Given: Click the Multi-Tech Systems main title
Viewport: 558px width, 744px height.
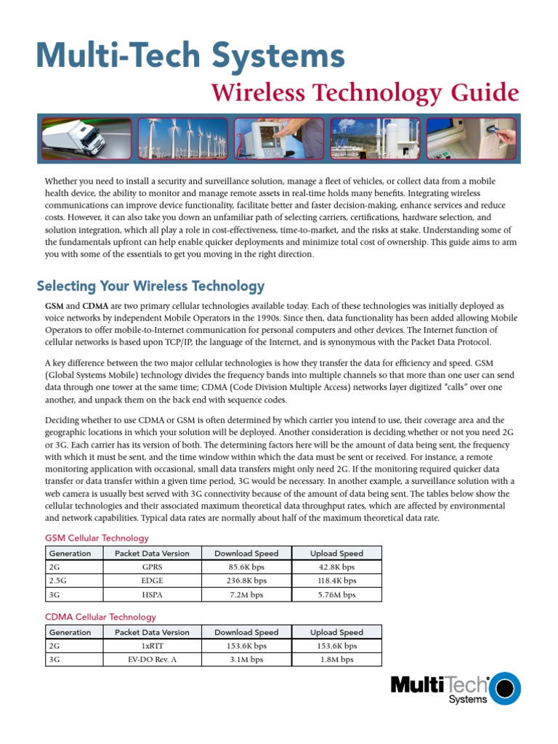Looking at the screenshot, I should click(190, 56).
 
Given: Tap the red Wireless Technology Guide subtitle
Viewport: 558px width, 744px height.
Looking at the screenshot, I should click(365, 93).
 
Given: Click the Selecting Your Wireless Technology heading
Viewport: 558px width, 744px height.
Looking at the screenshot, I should click(150, 286).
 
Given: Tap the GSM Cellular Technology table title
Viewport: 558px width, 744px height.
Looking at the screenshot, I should click(97, 538).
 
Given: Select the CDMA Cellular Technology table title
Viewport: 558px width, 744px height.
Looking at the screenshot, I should click(100, 617).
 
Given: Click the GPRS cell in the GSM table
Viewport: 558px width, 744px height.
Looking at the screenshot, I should click(152, 567).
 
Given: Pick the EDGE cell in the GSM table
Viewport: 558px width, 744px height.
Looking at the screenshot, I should click(152, 581).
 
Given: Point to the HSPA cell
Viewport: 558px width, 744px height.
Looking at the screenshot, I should click(152, 594).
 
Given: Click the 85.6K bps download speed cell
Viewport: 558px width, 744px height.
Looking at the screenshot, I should click(246, 567).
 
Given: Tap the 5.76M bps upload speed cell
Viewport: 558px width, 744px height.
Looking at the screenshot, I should click(336, 594).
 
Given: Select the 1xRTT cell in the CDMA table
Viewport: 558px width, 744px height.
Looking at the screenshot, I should click(152, 645).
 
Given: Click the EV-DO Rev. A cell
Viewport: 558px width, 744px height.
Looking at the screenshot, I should click(152, 660).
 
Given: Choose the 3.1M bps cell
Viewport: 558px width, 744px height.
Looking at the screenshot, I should click(246, 660).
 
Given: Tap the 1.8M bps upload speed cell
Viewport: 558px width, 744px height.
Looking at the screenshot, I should click(336, 660).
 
